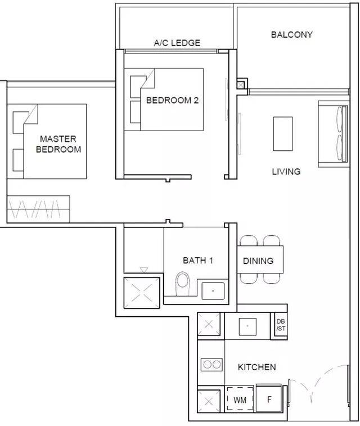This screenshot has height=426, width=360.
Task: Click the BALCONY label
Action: coord(291,34)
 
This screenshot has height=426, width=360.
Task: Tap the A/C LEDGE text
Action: coord(177,43)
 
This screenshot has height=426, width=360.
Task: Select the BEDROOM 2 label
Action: coord(172,100)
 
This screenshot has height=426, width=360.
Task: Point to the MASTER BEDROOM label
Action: coord(58,144)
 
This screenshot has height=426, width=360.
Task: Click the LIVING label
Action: coord(286,172)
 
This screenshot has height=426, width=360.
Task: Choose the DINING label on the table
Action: coord(258,261)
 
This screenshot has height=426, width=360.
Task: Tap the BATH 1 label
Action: coord(198,261)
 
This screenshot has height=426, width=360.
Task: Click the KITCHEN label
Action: coord(257,367)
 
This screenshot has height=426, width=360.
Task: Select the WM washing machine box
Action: coord(240,399)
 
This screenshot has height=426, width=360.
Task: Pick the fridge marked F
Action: coord(269,399)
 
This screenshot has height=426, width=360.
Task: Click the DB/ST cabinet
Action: coord(281,325)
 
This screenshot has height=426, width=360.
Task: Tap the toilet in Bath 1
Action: coord(182,284)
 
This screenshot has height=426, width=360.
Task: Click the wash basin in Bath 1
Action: coord(213,291)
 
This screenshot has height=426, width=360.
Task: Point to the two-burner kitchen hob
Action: coord(211,364)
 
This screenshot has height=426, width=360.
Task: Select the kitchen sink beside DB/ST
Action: coord(247,326)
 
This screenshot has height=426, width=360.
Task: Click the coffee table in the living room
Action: coord(282,134)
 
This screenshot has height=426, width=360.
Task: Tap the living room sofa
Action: coord(333,134)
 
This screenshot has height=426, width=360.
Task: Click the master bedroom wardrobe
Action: coord(38,209)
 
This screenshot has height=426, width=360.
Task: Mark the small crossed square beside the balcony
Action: coord(241,86)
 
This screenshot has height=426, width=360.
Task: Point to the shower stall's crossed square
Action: coord(142,293)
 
